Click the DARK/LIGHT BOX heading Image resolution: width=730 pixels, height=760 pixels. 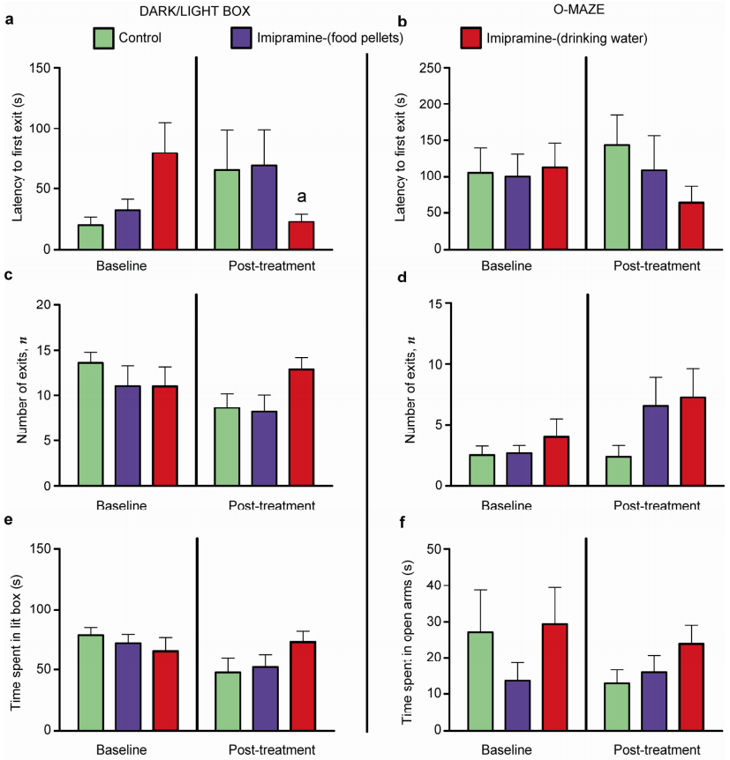tap(189, 11)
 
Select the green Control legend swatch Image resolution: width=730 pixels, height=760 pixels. tap(105, 38)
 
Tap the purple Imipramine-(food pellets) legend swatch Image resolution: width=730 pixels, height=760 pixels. tap(241, 38)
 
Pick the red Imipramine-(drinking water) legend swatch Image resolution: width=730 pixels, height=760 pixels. tap(472, 38)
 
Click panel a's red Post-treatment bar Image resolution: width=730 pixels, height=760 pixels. tap(300, 235)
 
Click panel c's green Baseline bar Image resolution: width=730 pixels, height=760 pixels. tap(91, 424)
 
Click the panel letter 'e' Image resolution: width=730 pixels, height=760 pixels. tap(9, 520)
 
